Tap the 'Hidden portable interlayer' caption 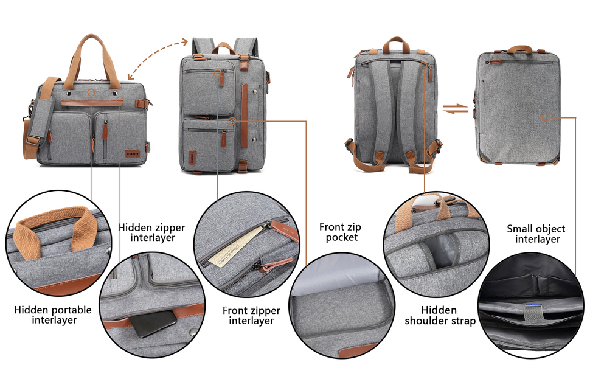tap(54, 315)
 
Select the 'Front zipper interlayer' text tap(252, 315)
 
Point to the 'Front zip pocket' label tap(340, 232)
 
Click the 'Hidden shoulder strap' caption tap(440, 315)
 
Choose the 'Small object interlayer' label tap(536, 234)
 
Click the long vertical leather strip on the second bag tap(245, 115)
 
